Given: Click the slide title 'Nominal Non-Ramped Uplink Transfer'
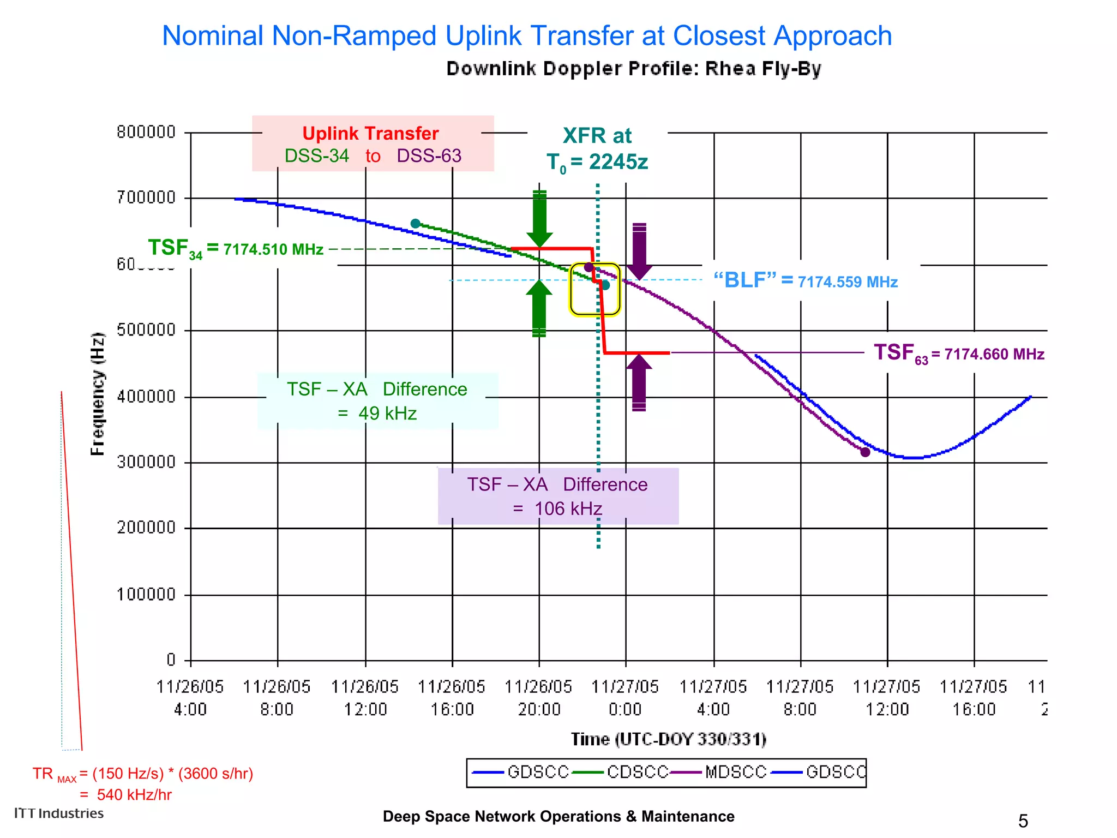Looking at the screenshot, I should coord(526,36).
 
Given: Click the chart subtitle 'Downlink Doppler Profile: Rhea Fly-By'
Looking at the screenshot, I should coord(633,69).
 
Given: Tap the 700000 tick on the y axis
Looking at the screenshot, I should coord(146,197).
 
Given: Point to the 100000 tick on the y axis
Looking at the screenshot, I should coord(146,594).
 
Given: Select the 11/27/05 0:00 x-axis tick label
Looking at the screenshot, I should coord(625,698).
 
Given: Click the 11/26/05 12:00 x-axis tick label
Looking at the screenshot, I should coord(365,698).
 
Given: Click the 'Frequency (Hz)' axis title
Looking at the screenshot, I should coord(97,393).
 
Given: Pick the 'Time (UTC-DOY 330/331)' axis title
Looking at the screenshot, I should coord(668,739).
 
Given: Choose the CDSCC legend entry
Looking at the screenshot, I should coord(637,772).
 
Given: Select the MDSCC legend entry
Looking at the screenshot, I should coord(735,772).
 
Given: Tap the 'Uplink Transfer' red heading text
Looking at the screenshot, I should coord(370,134).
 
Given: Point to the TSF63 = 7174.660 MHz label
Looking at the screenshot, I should coord(958,354).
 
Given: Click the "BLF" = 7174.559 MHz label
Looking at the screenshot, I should coord(806,281).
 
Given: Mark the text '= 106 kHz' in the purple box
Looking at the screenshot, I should coord(557,508).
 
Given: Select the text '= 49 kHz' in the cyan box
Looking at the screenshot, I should coord(377,414).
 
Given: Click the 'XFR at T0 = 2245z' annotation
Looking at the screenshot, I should coord(597,149).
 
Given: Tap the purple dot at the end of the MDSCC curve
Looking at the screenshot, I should coord(865,452).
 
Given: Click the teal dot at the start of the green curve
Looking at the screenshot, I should coord(415,224).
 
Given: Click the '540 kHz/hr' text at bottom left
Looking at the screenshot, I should coord(134,795).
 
